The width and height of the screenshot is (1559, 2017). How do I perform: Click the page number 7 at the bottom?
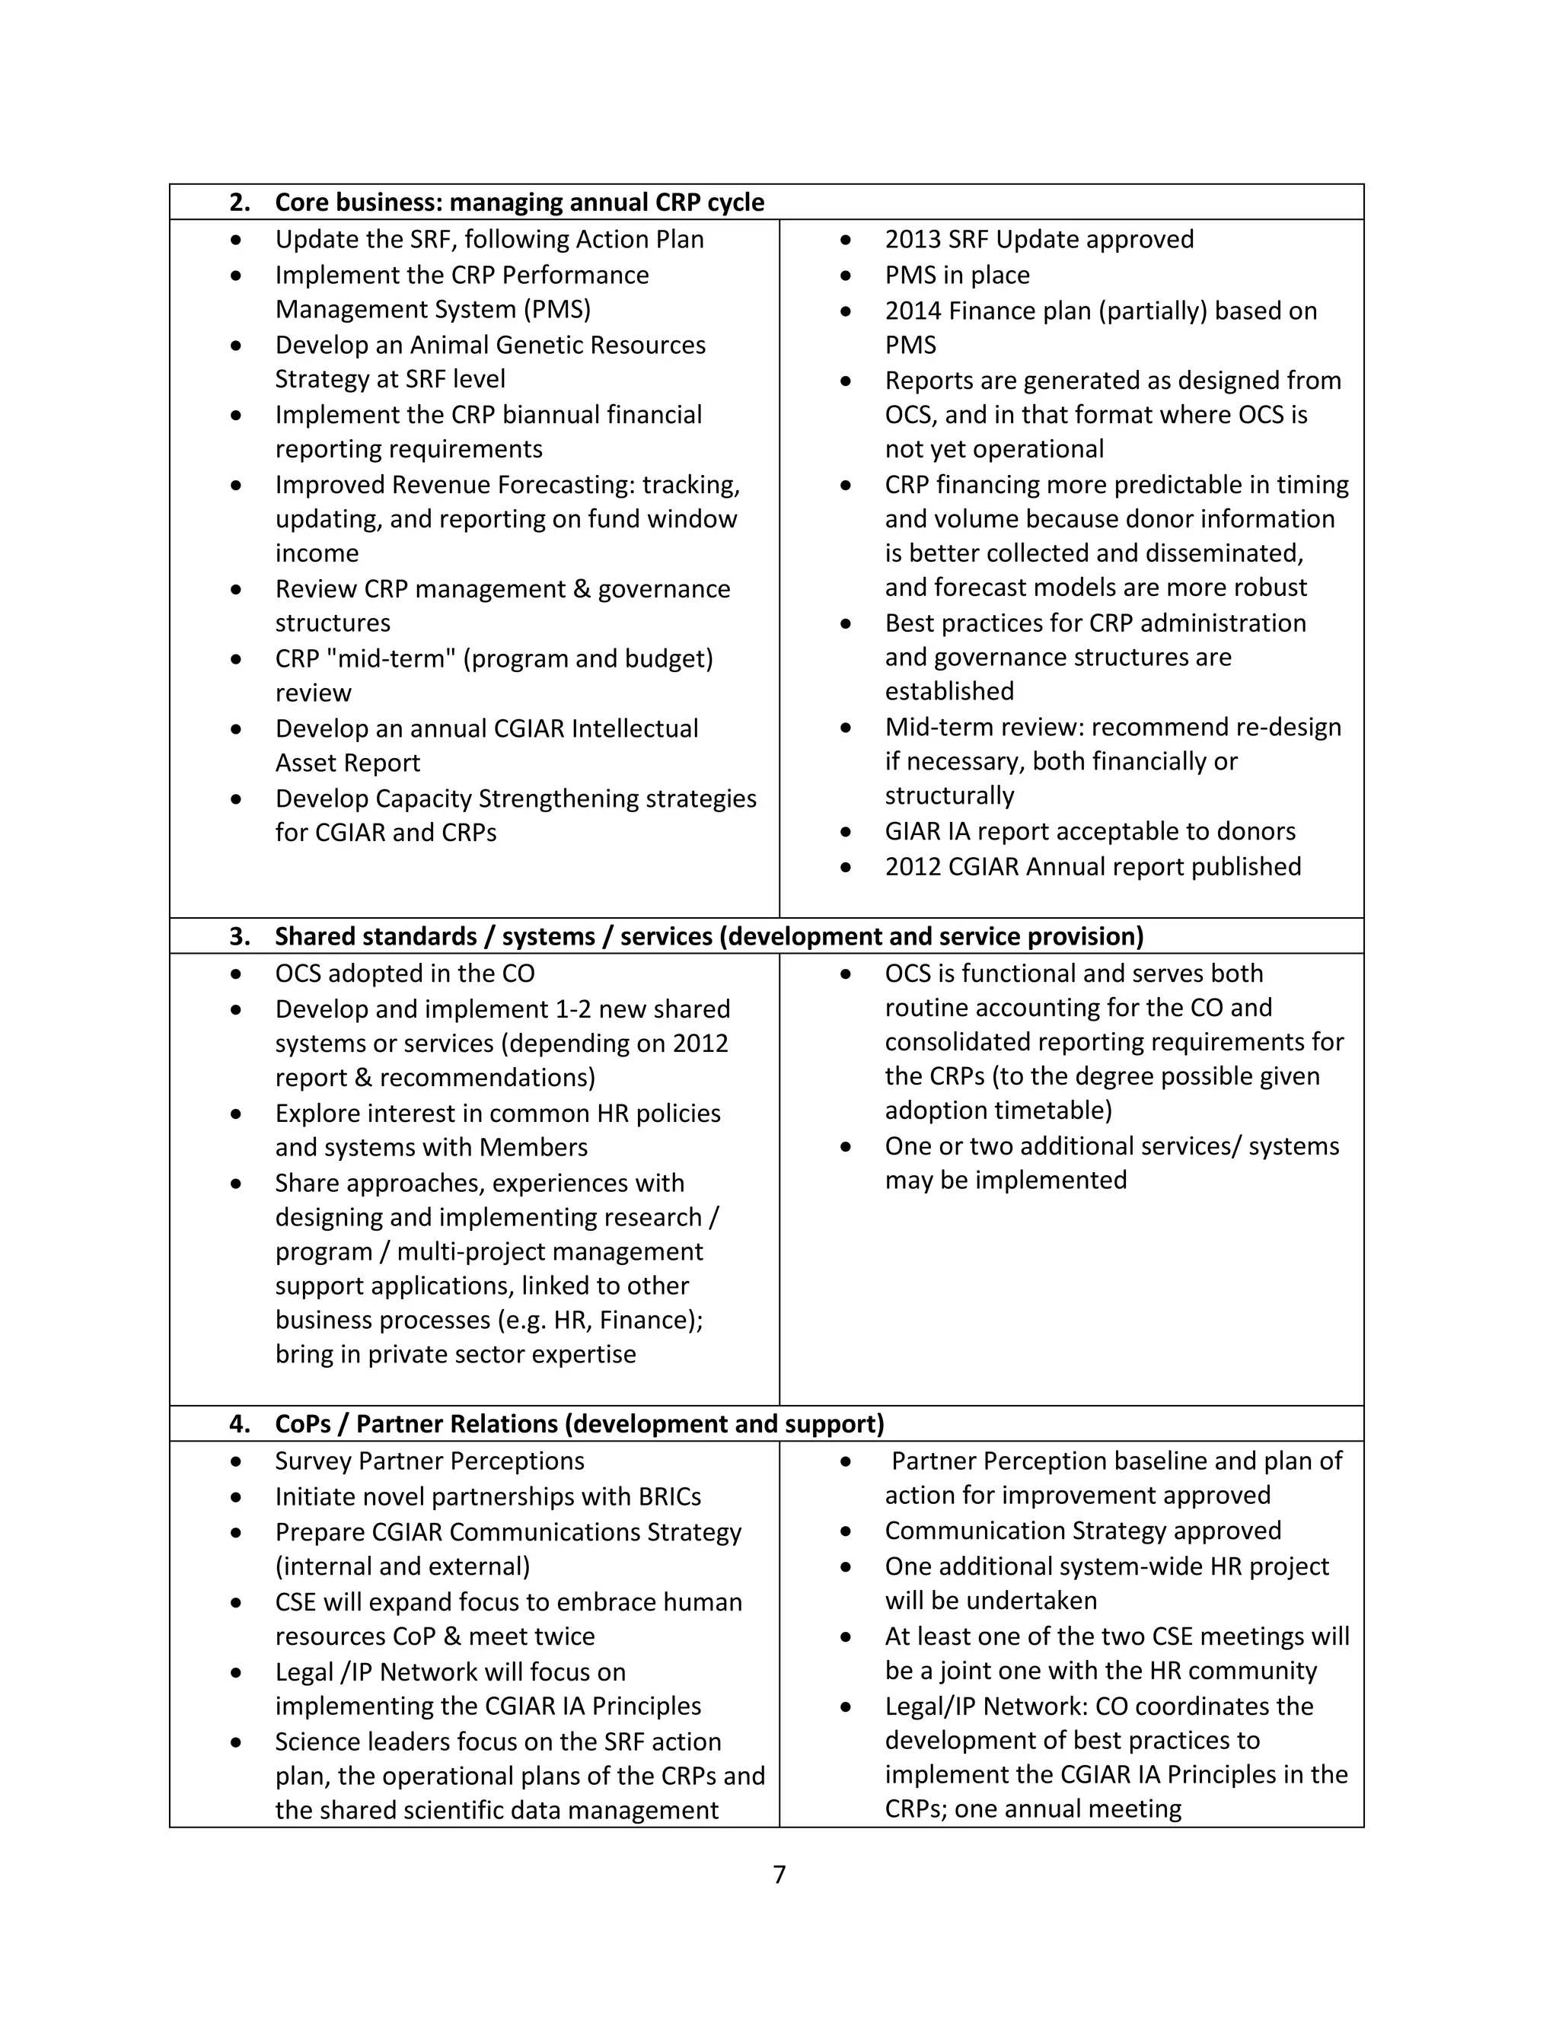click(x=779, y=1874)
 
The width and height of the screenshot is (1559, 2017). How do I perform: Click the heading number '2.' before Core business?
click(x=239, y=202)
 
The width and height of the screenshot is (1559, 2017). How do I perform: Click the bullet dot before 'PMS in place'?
click(x=845, y=276)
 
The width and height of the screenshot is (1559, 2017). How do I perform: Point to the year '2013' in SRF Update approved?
click(x=910, y=239)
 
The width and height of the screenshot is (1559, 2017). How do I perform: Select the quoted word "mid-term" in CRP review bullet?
click(x=387, y=658)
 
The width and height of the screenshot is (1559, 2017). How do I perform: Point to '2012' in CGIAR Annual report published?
click(x=910, y=866)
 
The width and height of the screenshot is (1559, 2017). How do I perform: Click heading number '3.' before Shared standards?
click(x=239, y=936)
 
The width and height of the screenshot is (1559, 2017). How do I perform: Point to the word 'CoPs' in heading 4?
click(x=302, y=1423)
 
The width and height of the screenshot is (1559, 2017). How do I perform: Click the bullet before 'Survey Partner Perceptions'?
click(x=237, y=1461)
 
